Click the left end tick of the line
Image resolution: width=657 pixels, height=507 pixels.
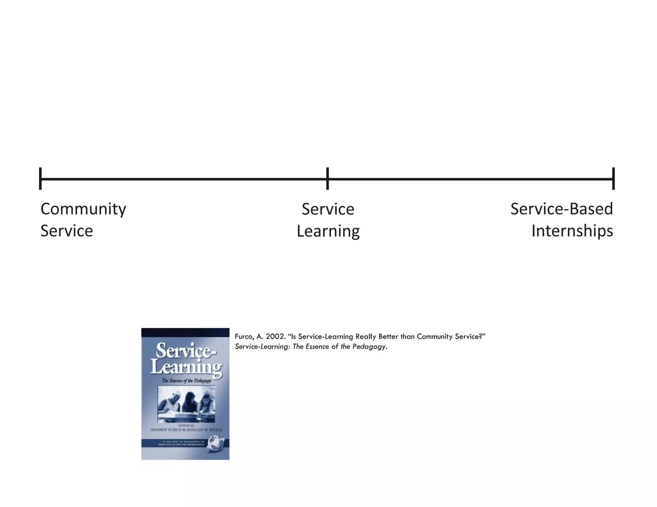(40, 179)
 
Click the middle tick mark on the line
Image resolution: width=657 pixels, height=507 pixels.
(328, 179)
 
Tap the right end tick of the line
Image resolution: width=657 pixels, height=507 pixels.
(613, 179)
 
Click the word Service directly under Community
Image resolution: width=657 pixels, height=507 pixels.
(67, 231)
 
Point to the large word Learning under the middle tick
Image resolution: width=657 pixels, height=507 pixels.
(328, 231)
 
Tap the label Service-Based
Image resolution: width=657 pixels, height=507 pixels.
(562, 209)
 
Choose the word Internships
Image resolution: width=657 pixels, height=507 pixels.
(572, 231)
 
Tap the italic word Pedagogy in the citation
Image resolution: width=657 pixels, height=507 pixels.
(369, 347)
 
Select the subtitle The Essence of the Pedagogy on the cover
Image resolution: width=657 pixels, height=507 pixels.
(186, 381)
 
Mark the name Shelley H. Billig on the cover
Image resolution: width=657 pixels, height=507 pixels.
(204, 430)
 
